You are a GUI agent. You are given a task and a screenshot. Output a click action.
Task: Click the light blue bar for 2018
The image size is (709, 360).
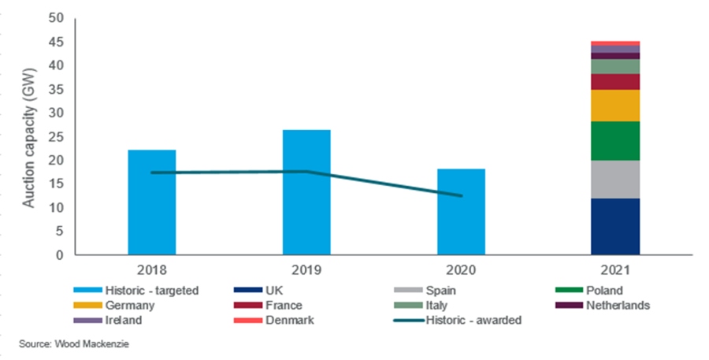[x=151, y=202]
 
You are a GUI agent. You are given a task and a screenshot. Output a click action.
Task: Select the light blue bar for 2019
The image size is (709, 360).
[x=306, y=192]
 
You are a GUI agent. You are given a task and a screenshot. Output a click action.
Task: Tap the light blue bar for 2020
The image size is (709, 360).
[x=461, y=212]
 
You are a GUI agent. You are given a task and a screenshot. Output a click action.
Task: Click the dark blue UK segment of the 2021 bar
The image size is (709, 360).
[x=615, y=227]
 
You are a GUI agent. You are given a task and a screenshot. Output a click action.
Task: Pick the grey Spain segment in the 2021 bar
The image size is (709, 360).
[x=615, y=180]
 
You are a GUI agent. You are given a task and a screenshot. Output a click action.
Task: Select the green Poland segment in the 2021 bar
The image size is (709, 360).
[x=615, y=141]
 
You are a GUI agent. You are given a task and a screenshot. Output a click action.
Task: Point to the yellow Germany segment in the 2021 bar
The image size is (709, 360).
[x=615, y=106]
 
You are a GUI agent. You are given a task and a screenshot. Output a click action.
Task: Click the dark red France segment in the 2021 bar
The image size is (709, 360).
[x=615, y=82]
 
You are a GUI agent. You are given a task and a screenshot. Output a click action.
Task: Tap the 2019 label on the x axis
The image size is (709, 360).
[x=306, y=269]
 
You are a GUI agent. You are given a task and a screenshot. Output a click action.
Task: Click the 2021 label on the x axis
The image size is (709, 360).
[x=615, y=269]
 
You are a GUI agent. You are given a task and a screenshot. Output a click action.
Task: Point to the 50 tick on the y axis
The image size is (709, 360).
[x=58, y=18]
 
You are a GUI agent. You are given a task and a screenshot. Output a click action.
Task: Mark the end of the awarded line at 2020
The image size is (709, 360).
[x=462, y=196]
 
